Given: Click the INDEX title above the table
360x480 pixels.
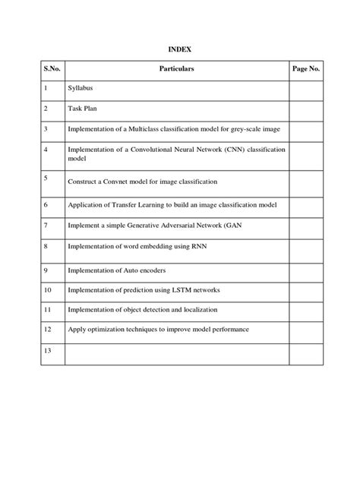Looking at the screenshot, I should pyautogui.click(x=179, y=49).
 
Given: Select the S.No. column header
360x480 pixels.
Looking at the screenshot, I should pyautogui.click(x=52, y=68).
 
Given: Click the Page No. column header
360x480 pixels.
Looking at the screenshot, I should pyautogui.click(x=305, y=68).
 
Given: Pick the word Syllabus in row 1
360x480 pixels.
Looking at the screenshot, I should pyautogui.click(x=81, y=89).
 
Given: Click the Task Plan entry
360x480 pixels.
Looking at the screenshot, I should pyautogui.click(x=83, y=109).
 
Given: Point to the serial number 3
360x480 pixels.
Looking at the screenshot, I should pyautogui.click(x=46, y=129).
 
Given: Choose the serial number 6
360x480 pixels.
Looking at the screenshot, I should pyautogui.click(x=46, y=205).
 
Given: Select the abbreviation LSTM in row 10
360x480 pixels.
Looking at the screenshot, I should pyautogui.click(x=188, y=290).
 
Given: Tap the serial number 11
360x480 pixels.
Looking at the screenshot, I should pyautogui.click(x=48, y=309).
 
